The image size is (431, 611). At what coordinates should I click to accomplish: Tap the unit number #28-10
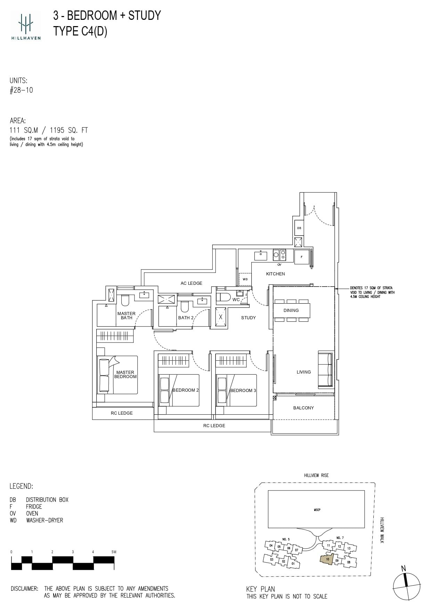[21, 90]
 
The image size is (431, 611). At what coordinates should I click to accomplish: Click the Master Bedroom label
[125, 374]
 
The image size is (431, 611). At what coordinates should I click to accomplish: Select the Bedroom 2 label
[186, 390]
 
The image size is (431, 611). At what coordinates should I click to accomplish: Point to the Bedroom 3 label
[243, 390]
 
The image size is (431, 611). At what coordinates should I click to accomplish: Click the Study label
[248, 318]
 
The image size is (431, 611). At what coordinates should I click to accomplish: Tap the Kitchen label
[275, 274]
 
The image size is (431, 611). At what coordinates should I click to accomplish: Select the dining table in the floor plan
[291, 310]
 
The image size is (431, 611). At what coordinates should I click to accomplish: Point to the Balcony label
[303, 408]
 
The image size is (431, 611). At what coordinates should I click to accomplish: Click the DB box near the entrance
[299, 228]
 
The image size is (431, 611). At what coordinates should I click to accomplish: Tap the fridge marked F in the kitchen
[302, 257]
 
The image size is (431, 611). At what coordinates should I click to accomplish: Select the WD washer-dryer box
[245, 279]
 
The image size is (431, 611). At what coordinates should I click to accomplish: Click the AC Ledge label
[191, 283]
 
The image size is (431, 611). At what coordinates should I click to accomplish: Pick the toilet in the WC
[223, 297]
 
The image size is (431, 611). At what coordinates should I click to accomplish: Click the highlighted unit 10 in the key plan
[327, 559]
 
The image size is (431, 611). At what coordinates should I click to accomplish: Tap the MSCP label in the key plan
[317, 510]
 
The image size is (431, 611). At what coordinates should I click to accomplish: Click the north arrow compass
[406, 586]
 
